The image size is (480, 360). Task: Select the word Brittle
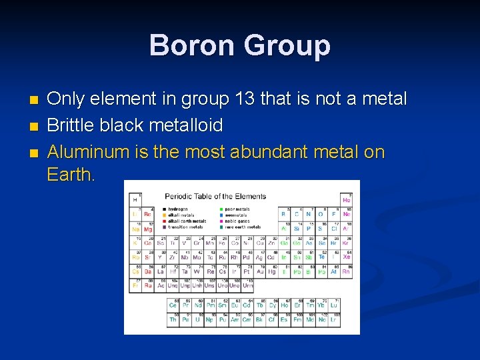coord(71,125)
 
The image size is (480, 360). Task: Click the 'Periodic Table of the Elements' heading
coord(215,196)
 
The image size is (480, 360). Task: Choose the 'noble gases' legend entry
coord(237,221)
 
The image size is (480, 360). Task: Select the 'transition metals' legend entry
coord(185,227)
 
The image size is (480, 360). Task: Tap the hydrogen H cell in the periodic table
coord(135,199)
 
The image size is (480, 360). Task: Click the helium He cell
coord(347,199)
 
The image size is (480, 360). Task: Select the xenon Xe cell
coord(347,257)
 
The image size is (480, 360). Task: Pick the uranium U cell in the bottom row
coord(197,320)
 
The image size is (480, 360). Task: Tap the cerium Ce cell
coord(173,305)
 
